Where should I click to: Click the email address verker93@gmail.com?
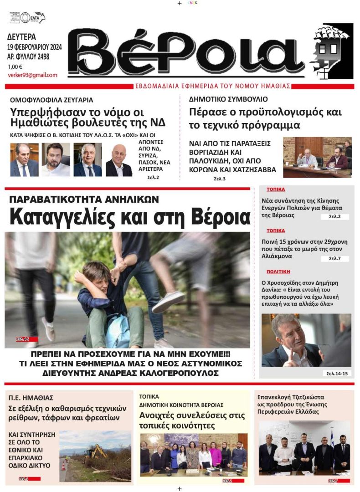click(x=32, y=75)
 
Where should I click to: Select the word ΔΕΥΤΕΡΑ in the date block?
click(x=22, y=37)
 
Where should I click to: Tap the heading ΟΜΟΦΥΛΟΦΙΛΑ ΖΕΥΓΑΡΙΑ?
click(x=51, y=99)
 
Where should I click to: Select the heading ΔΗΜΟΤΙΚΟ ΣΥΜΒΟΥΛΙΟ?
click(x=228, y=99)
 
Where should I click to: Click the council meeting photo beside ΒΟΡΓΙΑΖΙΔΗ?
click(x=317, y=157)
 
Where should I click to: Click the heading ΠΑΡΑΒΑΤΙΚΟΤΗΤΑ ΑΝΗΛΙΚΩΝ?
click(x=84, y=199)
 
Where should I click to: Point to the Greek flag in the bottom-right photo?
click(x=331, y=439)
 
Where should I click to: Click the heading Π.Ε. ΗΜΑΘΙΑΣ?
click(x=31, y=398)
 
